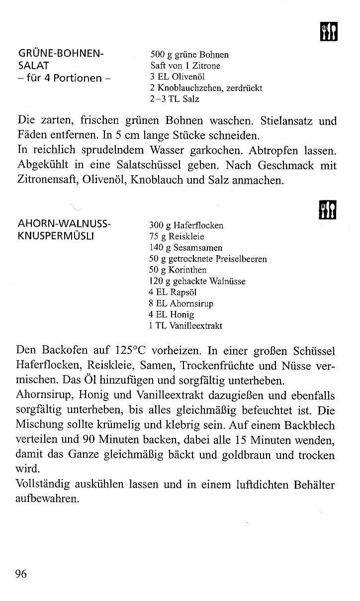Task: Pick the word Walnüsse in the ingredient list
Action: pos(227,282)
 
